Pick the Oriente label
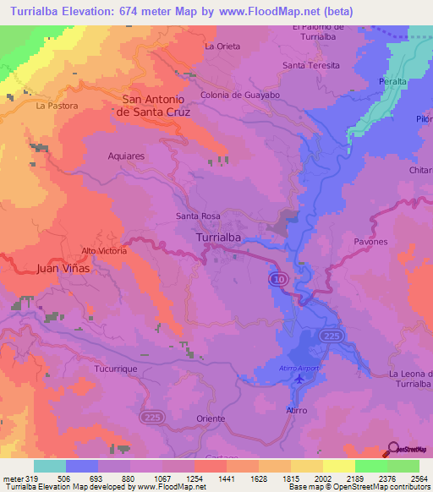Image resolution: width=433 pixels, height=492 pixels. (210, 418)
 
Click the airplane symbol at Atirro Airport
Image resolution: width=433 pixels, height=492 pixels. (299, 380)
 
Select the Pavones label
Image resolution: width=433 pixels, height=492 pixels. (370, 242)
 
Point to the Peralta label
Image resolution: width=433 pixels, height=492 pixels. (393, 81)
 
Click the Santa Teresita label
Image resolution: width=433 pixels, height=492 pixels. (311, 65)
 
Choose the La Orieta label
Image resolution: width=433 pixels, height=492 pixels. (222, 46)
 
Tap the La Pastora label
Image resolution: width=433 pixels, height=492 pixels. (57, 106)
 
